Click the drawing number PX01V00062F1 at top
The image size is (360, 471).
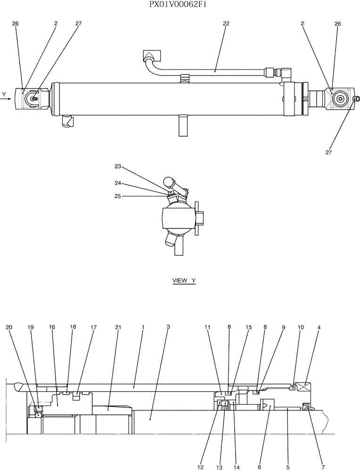180,5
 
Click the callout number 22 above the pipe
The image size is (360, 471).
226,24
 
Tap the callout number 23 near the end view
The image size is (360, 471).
118,166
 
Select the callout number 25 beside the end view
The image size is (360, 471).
118,196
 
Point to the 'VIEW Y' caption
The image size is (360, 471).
184,281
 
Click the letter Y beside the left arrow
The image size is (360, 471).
4,95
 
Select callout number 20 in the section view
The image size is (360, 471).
8,326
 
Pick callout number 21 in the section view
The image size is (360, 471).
118,326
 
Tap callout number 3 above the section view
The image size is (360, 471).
168,326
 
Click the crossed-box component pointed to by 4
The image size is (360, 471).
302,387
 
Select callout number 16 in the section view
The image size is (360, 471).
51,326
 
